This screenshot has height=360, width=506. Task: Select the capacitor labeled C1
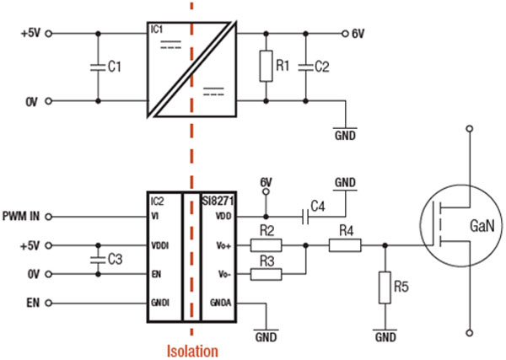pos(99,67)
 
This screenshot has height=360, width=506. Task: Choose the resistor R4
pos(344,245)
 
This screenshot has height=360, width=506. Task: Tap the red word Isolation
pos(192,350)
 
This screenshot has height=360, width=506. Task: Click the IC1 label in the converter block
pos(157,29)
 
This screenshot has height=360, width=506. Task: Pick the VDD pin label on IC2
pos(223,217)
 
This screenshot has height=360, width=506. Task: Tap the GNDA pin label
pos(221,301)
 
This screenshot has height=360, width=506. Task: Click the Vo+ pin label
pos(223,245)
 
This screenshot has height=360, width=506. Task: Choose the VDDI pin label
pos(158,245)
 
